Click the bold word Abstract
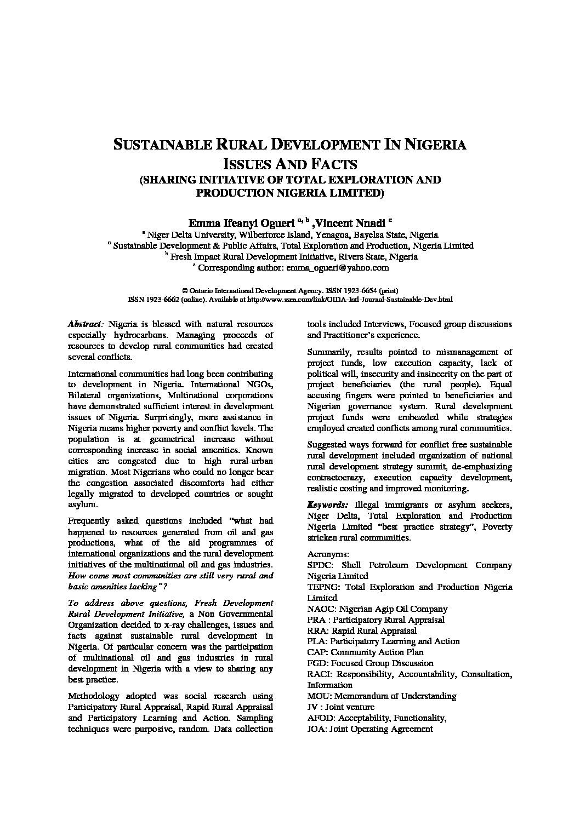[84, 324]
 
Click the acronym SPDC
[319, 565]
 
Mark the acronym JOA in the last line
[317, 729]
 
